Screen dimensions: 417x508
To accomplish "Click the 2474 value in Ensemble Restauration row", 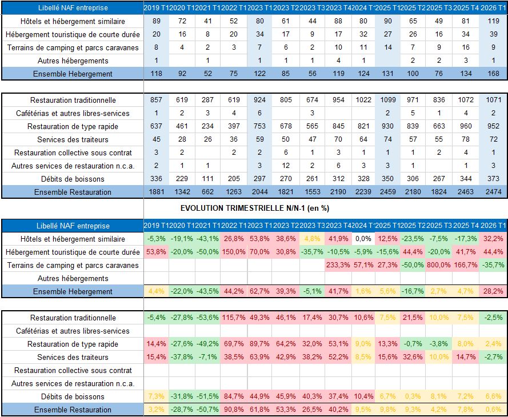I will [494, 192].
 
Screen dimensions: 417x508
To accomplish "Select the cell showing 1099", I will [389, 100].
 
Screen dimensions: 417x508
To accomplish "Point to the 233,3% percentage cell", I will [338, 265].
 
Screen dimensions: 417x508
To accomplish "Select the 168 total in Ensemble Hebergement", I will [494, 74].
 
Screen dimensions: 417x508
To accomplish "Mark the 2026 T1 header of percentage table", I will [494, 226].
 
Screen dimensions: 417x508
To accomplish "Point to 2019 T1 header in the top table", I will [155, 8].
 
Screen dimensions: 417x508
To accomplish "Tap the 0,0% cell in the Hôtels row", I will [363, 239].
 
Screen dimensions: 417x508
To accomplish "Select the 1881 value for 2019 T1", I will [155, 192].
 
